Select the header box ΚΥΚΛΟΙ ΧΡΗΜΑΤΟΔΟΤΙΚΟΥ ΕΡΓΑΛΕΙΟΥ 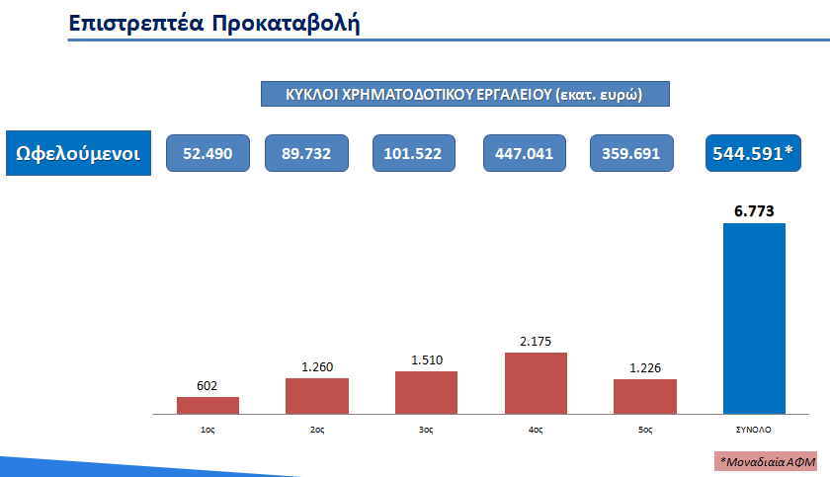(x=464, y=95)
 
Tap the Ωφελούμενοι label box (x=79, y=153)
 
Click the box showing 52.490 (x=207, y=153)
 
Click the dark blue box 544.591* (x=753, y=153)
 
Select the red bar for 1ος (x=207, y=404)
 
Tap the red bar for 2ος (x=317, y=395)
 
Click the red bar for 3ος (x=426, y=392)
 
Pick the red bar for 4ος (x=536, y=382)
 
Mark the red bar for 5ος (x=644, y=395)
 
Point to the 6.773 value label (x=754, y=209)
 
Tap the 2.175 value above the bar (x=536, y=341)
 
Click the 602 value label (x=207, y=385)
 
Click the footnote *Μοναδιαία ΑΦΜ (x=768, y=461)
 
